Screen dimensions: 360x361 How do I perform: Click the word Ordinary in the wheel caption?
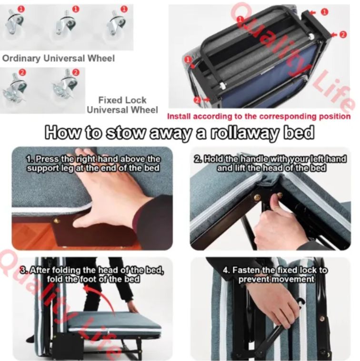coord(21,58)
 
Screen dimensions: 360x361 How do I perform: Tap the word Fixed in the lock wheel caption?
coord(109,100)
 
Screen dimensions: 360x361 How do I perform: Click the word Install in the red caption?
coord(179,116)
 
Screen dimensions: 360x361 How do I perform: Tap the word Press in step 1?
coord(48,159)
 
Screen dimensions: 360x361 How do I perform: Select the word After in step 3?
coord(40,270)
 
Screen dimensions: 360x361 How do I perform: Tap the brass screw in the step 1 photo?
coord(56,221)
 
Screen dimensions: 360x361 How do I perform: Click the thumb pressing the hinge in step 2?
coord(274,200)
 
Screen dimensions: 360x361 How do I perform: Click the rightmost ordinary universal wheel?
coord(117,24)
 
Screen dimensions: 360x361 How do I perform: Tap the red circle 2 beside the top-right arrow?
coord(343,35)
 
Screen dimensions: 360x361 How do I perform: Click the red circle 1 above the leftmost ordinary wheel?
coord(21,9)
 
